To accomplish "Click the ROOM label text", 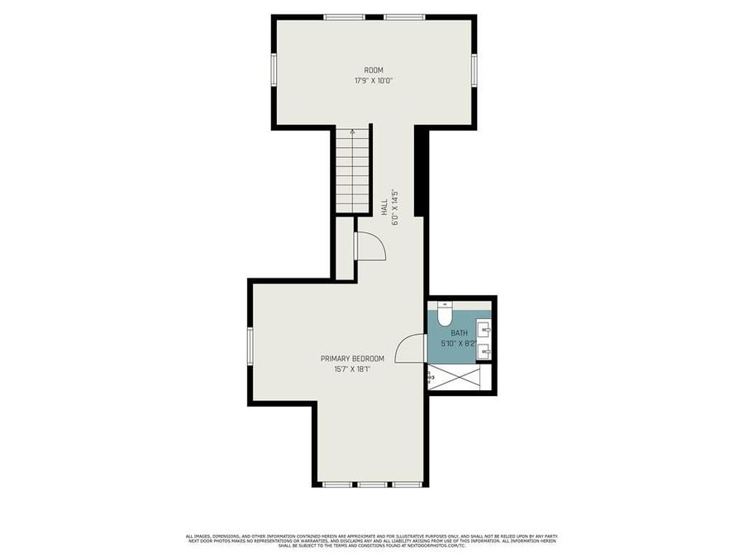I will point(374,70).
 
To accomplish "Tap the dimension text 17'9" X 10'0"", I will point(374,81).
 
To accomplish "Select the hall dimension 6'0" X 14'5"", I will point(396,207).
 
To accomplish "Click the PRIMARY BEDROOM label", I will point(353,358).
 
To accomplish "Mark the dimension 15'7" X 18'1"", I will point(353,369).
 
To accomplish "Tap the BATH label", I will point(459,333).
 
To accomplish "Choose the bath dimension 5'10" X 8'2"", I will point(459,343).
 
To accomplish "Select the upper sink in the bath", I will point(484,331).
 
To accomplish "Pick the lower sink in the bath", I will point(484,351).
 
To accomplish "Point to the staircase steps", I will point(352,174).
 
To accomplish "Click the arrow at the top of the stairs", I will point(352,131).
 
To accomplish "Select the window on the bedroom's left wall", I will point(250,346).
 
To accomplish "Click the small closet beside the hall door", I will point(345,248).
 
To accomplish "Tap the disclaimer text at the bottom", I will point(372,541).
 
